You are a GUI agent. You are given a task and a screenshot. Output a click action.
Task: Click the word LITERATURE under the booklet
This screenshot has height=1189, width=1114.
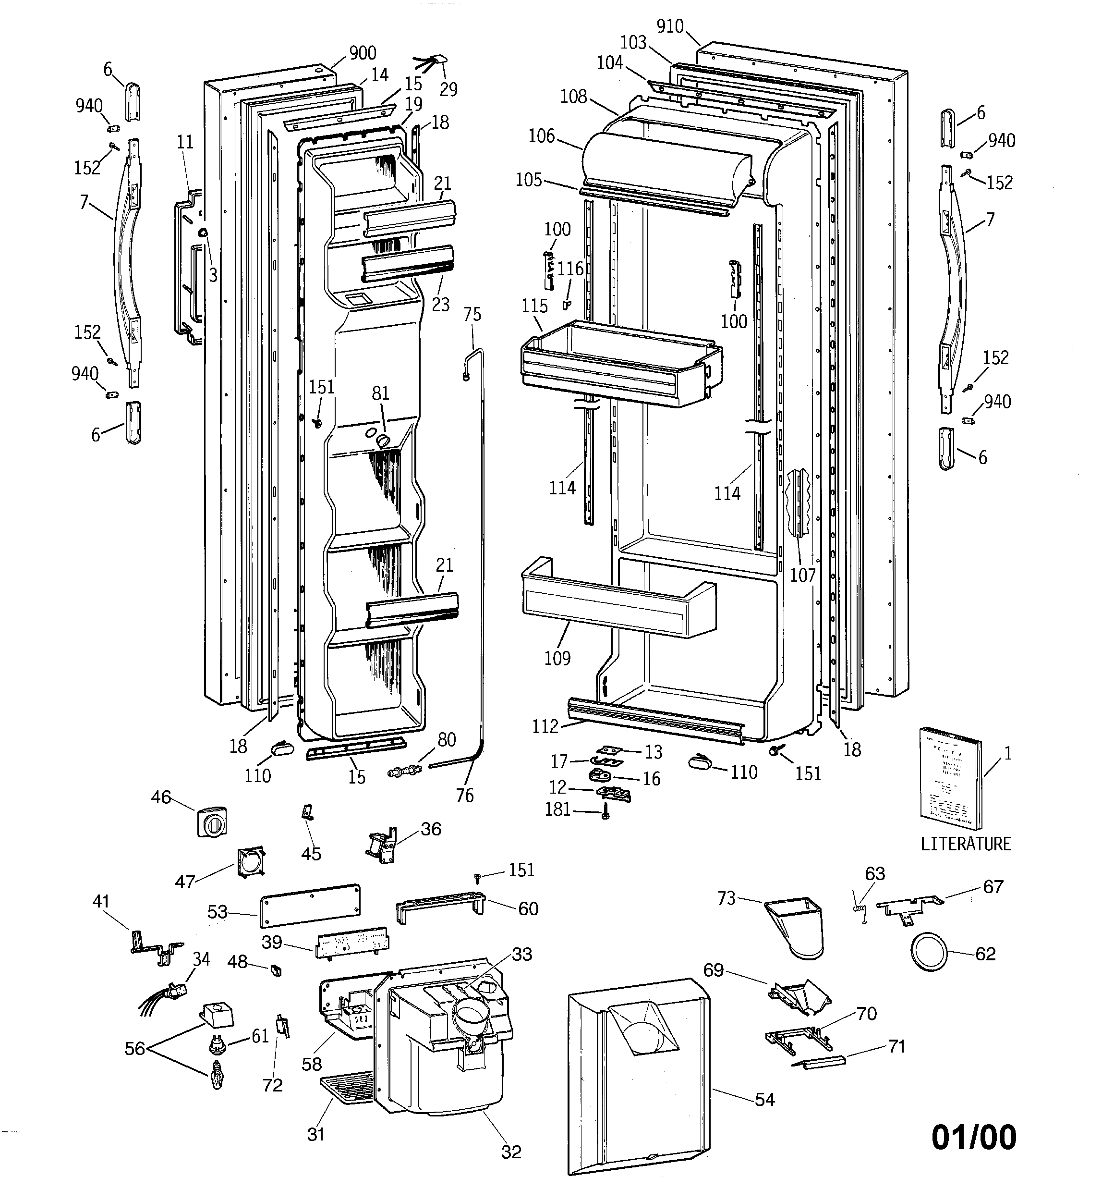(x=965, y=844)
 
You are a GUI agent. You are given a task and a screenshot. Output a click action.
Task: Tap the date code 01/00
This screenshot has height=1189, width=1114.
(x=973, y=1137)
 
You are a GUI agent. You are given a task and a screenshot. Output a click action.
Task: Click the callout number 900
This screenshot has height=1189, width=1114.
(x=363, y=53)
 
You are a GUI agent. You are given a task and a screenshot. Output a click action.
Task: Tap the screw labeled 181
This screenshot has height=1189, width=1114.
(x=605, y=813)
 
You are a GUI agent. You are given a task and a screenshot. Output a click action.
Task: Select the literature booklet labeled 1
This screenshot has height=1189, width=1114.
(x=950, y=784)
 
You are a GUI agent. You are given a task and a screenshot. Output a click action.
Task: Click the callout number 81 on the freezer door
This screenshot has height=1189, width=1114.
(x=380, y=393)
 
